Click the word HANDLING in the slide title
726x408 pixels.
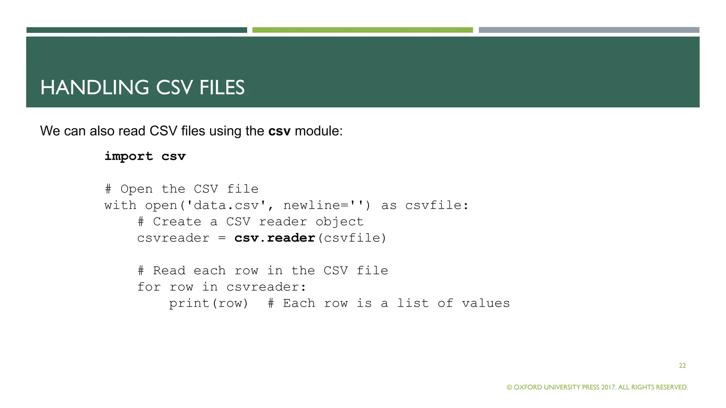coord(95,87)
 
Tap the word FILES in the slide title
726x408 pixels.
coord(222,87)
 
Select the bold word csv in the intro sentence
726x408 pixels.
coord(279,131)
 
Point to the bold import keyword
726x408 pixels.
coord(129,156)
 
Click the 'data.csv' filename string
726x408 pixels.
coord(226,205)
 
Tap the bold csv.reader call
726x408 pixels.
coord(275,238)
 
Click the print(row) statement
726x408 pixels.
coord(208,303)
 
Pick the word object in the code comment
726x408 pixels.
coord(340,222)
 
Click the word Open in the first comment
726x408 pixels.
coord(136,189)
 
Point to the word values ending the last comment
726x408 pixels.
coord(486,303)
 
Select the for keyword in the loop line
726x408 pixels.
coord(149,287)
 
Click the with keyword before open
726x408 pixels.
coord(120,205)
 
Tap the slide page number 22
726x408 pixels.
coord(682,365)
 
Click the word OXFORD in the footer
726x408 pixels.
coord(528,387)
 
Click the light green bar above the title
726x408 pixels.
coord(362,30)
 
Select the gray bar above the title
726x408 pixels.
coord(589,30)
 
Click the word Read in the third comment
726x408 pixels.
coord(169,271)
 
